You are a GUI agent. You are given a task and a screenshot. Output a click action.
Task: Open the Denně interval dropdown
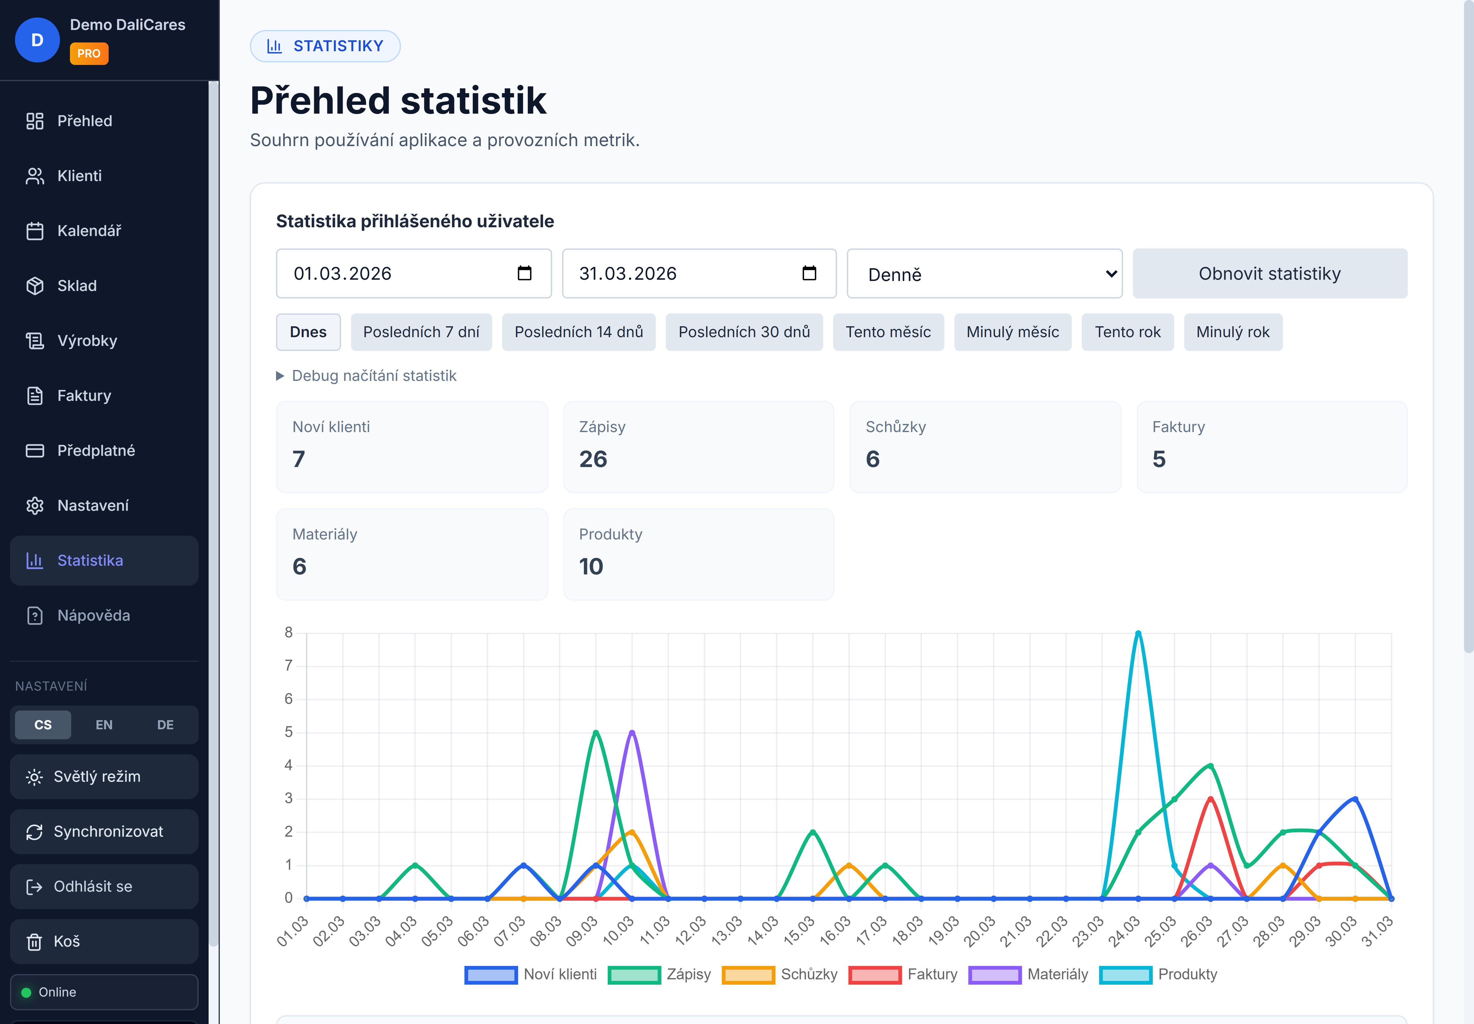point(984,274)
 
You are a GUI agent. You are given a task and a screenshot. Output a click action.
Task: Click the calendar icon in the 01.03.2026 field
point(524,273)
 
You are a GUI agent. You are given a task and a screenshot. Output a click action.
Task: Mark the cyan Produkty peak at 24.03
point(1138,633)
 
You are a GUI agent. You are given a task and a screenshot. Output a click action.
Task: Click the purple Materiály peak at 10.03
point(632,732)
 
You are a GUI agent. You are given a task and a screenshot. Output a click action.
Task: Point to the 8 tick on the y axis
point(289,633)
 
